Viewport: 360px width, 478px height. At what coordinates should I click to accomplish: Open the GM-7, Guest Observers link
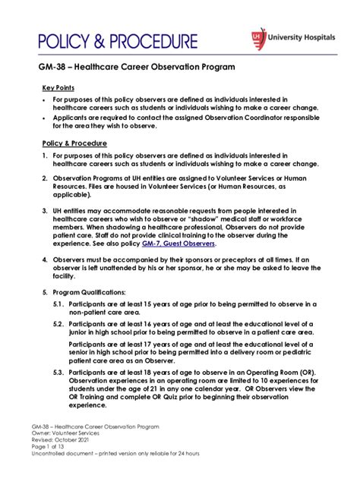[x=185, y=244]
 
